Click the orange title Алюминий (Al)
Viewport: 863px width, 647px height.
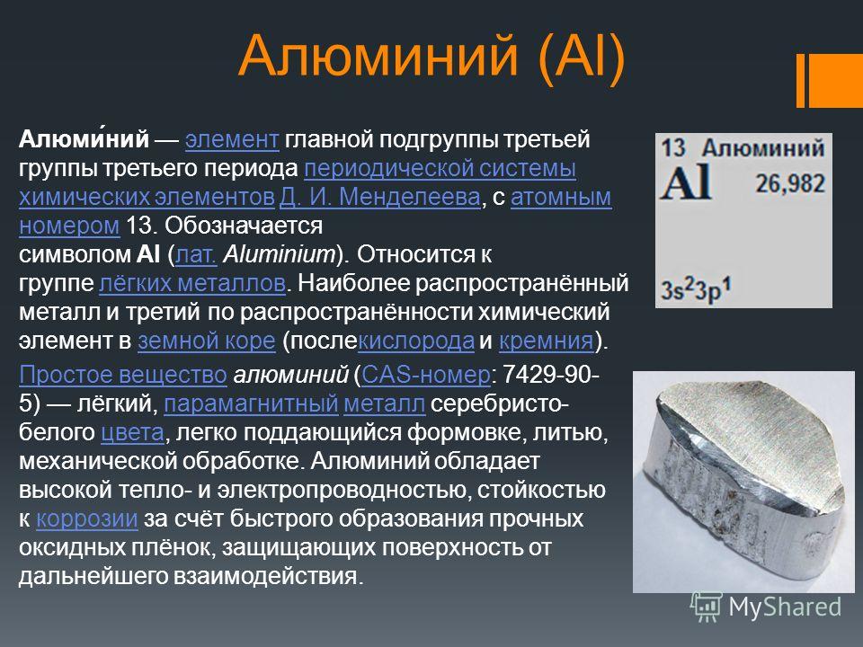pos(432,58)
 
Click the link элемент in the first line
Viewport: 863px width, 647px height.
pos(232,140)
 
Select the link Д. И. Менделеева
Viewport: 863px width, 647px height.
pos(379,197)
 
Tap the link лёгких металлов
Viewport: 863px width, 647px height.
pos(192,283)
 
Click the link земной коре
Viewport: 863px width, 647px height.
pos(207,341)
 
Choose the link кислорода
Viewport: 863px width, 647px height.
pos(416,341)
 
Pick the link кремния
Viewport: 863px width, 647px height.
pos(547,341)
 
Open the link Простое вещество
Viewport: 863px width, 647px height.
pos(123,375)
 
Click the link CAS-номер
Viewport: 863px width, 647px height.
pos(425,375)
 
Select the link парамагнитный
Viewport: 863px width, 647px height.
pos(251,403)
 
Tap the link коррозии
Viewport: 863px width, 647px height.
pos(87,518)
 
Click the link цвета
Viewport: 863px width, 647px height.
pos(133,433)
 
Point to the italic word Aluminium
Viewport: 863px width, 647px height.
pos(279,254)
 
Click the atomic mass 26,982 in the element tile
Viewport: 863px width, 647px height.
pos(790,183)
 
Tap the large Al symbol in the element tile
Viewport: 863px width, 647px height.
pos(686,182)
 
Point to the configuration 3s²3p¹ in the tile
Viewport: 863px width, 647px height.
pos(696,288)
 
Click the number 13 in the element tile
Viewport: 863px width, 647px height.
pos(672,148)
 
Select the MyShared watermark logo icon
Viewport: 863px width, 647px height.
pos(706,607)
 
